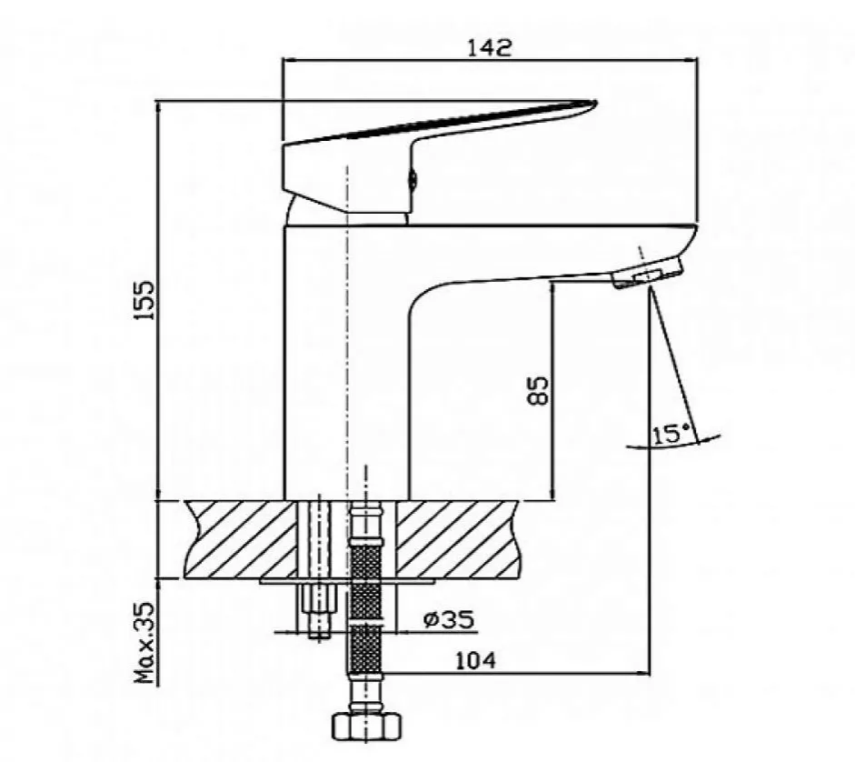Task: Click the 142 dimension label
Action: click(x=490, y=47)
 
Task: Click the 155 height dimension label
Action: click(x=145, y=300)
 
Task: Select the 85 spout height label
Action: click(x=538, y=390)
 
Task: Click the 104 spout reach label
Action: click(x=476, y=661)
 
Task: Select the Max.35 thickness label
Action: click(x=144, y=643)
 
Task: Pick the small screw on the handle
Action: click(x=413, y=178)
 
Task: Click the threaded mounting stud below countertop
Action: click(x=318, y=610)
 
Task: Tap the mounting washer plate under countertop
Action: click(x=347, y=581)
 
